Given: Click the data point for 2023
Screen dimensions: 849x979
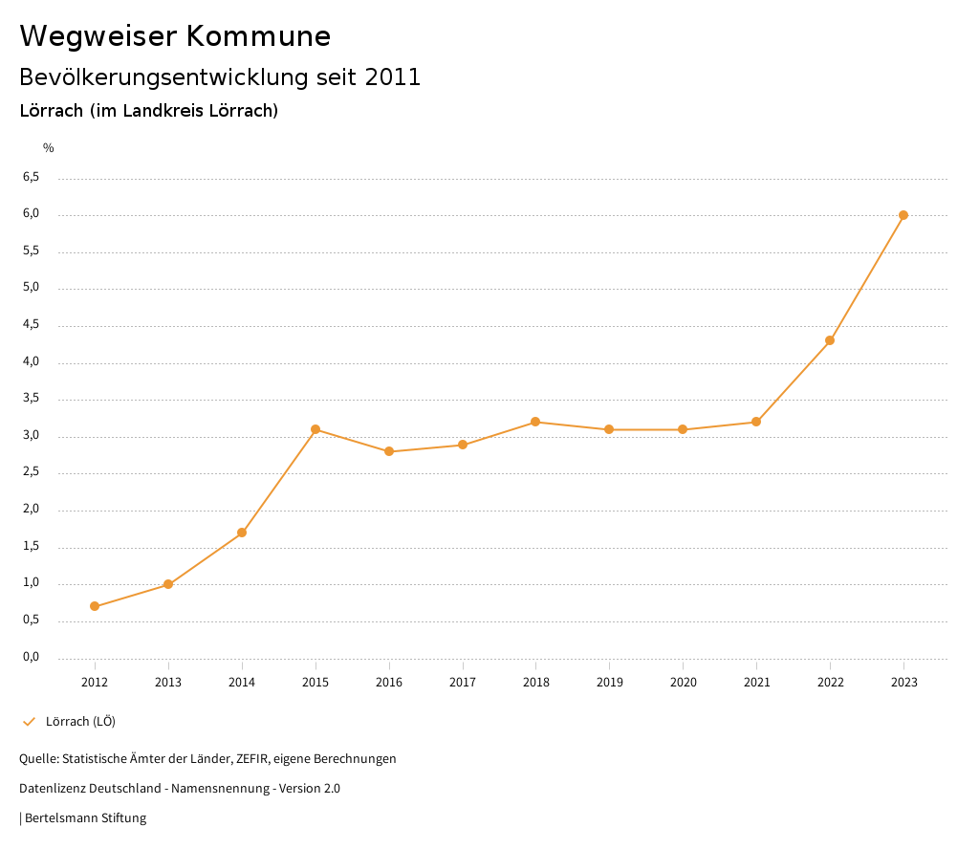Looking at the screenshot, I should coord(903,215).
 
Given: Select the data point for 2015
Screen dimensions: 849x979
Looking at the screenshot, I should coord(315,429).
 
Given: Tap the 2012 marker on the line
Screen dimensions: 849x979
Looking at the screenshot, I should coord(95,606).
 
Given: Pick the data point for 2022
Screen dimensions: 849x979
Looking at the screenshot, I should coord(830,340).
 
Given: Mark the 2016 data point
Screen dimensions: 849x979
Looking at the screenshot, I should coord(389,451).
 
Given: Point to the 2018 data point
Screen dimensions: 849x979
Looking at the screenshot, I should coord(535,422).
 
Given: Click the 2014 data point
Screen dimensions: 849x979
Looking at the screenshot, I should coord(242,533).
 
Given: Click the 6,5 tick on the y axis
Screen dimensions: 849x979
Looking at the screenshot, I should coord(31,177).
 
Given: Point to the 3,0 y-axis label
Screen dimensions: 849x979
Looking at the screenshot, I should coord(31,435).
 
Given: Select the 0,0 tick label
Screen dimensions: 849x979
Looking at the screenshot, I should coord(31,657).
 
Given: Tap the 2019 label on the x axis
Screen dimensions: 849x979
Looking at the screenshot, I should coord(609,682).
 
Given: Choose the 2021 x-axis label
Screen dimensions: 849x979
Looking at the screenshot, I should coord(756,682).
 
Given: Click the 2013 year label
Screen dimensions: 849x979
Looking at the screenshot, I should coord(168,682).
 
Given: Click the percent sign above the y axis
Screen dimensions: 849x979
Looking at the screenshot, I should coord(49,148).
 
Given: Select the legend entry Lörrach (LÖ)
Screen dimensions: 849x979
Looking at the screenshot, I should coord(80,721).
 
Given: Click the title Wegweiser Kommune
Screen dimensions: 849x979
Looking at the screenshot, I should coord(175,36).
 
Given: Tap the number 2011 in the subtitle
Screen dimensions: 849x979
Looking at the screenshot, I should coord(393,77).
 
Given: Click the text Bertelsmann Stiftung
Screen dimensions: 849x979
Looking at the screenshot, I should coord(85,818).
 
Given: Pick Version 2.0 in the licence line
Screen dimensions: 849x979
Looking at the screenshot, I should coord(310,789).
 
